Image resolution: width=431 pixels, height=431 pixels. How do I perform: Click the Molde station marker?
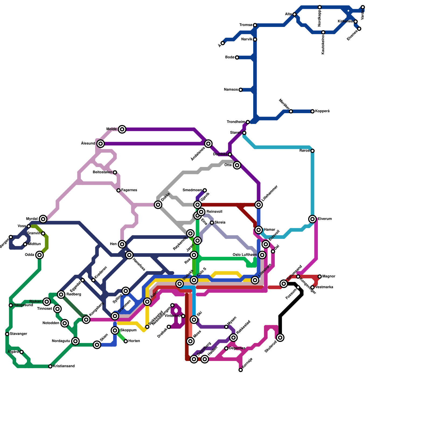point(122,129)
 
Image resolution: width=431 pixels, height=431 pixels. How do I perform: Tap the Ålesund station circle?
point(100,144)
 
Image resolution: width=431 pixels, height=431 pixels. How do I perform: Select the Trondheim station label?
point(236,122)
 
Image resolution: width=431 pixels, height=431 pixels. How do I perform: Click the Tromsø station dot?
point(255,25)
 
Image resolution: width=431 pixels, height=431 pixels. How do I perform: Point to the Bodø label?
point(230,57)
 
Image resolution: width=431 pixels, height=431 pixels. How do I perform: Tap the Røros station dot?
point(312,151)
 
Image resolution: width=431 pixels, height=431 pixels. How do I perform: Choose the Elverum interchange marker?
point(312,219)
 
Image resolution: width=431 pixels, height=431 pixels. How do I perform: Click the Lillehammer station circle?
point(259,205)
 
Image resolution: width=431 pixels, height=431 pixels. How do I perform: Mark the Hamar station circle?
point(259,230)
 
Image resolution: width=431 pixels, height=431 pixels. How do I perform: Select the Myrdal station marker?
point(43,219)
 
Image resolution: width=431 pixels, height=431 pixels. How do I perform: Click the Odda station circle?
point(40,255)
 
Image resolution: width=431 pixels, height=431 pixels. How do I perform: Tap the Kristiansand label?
point(64,366)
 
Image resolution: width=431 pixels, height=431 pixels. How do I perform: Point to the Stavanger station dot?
point(7,334)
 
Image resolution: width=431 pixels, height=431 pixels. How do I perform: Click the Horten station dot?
point(126,341)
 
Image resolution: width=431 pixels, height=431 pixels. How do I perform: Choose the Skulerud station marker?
point(280,338)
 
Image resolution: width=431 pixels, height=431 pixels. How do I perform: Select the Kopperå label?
point(322,111)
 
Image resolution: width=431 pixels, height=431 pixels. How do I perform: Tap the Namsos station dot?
point(241,90)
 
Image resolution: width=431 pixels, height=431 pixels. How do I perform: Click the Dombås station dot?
point(230,154)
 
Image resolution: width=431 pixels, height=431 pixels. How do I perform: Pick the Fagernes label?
point(129,190)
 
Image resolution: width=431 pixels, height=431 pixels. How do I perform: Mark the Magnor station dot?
point(319,276)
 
